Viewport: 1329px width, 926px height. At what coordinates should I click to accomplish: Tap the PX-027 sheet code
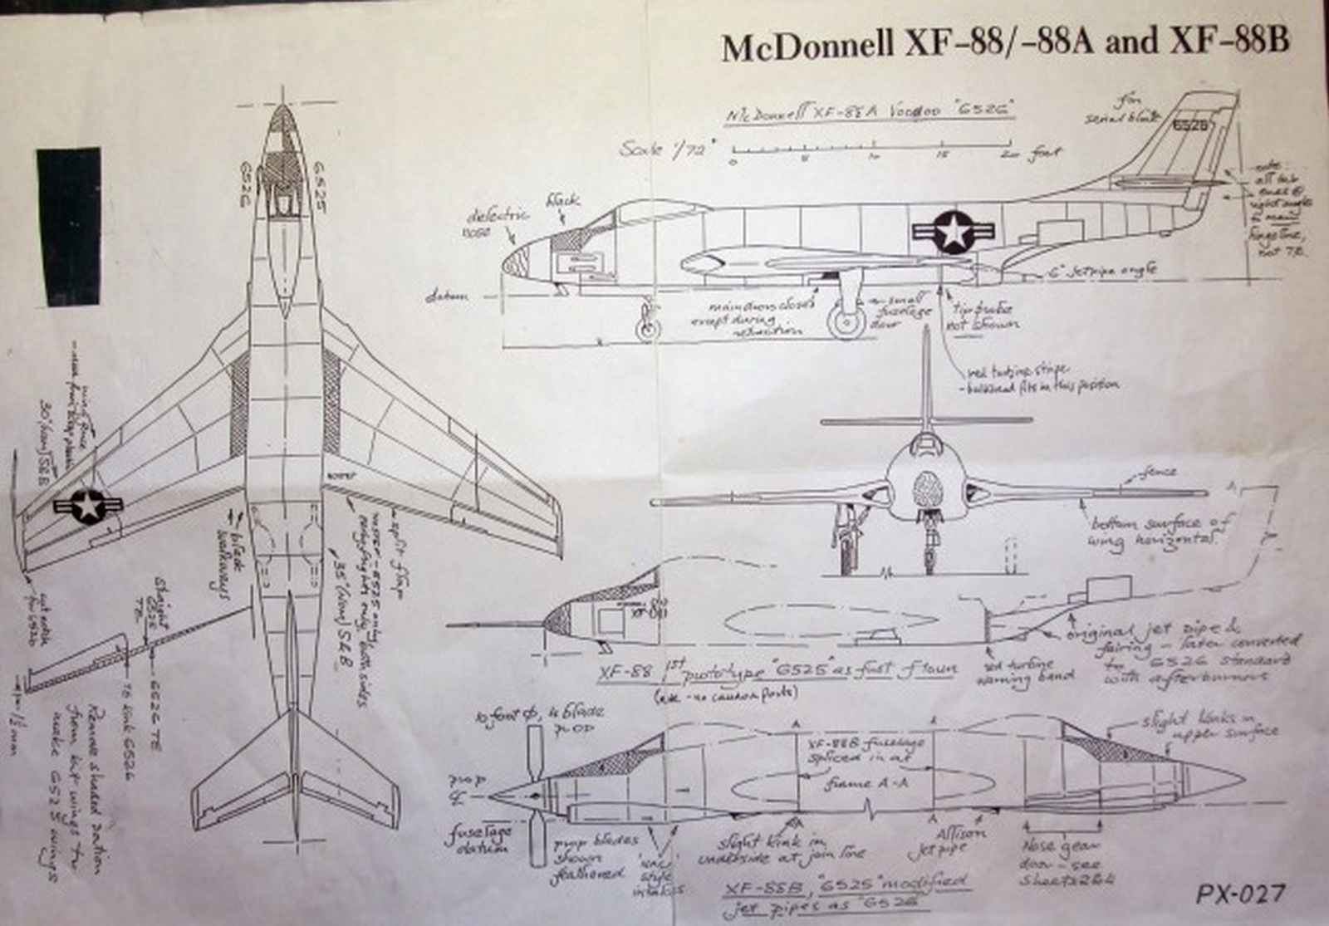click(1241, 894)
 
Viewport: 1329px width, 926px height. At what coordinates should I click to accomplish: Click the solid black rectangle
click(69, 226)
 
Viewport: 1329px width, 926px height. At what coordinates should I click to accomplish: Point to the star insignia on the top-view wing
click(87, 505)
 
